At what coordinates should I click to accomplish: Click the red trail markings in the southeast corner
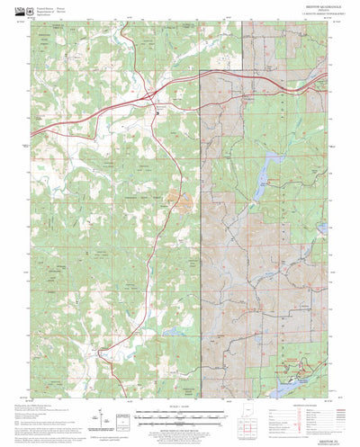297,364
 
